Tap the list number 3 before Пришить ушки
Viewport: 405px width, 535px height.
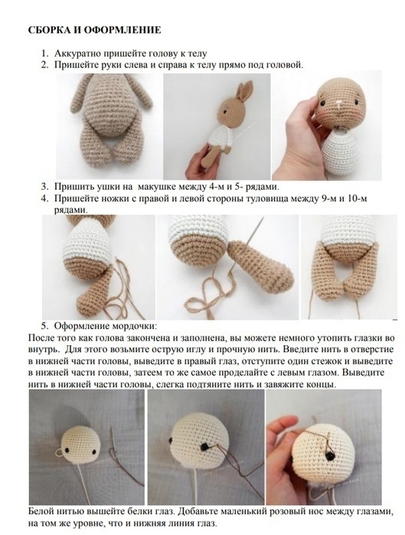point(44,187)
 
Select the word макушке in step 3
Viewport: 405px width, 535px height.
point(160,187)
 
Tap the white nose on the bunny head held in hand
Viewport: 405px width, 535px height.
point(339,103)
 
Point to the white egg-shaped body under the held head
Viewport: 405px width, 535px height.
point(341,152)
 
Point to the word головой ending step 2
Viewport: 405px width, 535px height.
point(284,65)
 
